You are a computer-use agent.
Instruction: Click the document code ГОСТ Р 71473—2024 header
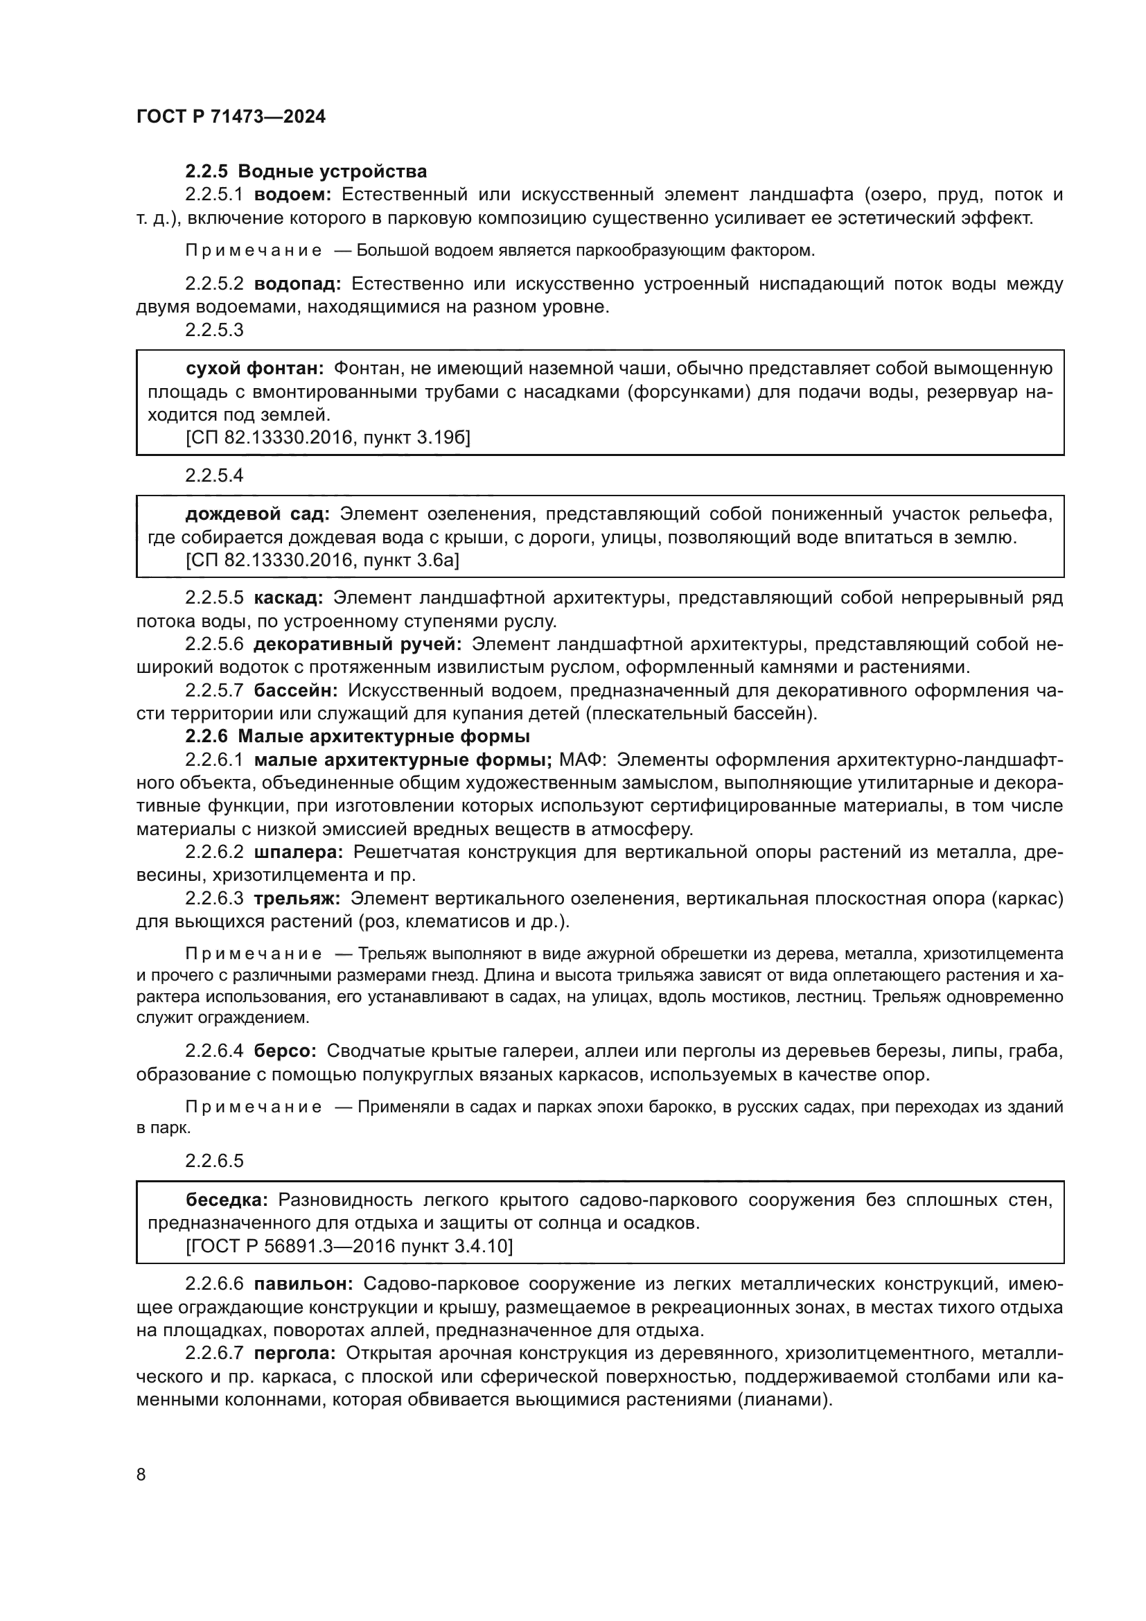(x=231, y=117)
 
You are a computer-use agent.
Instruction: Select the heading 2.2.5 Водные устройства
(x=306, y=172)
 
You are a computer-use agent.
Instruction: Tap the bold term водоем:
(x=292, y=195)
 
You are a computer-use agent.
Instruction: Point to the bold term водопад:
(x=297, y=284)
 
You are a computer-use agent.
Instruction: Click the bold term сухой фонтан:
(x=255, y=369)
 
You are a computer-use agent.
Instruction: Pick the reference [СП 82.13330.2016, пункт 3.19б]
(x=328, y=438)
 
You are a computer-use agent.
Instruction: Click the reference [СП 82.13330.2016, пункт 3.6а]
(x=321, y=561)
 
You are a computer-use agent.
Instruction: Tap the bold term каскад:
(x=288, y=598)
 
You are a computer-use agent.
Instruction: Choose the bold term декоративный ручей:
(x=357, y=645)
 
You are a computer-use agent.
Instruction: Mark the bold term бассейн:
(x=296, y=690)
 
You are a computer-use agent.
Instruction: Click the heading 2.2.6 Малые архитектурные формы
(x=357, y=737)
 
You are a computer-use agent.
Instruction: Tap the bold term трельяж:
(x=297, y=898)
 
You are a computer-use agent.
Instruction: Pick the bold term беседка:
(x=227, y=1200)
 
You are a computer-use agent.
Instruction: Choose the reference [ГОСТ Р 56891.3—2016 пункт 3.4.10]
(x=349, y=1246)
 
